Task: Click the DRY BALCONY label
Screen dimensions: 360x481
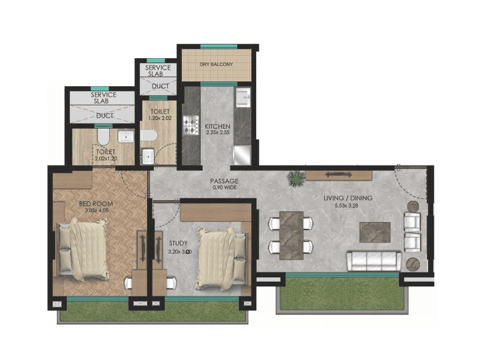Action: (216, 64)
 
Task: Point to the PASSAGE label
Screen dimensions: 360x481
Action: (224, 181)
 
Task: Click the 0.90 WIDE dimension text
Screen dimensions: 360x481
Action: (224, 188)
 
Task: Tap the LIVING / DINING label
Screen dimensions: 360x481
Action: (348, 198)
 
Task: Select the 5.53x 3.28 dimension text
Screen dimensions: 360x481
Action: (348, 206)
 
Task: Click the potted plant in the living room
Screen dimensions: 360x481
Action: (297, 179)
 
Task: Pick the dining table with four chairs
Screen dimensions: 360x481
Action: (291, 234)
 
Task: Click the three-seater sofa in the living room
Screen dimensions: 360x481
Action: (374, 261)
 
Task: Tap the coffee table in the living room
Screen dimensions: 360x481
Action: (374, 232)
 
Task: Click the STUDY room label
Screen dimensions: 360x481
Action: (179, 243)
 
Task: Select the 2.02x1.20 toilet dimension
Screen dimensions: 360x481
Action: (105, 158)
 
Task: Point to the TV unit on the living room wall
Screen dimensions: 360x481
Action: (339, 175)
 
